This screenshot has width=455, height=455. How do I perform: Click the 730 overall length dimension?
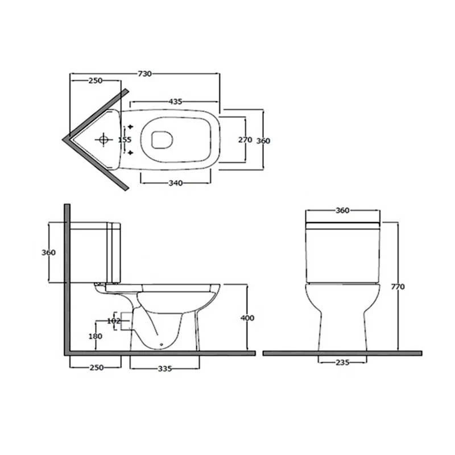coord(144,73)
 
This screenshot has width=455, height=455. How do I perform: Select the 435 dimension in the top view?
coord(175,102)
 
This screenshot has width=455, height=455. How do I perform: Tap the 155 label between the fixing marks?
coord(124,139)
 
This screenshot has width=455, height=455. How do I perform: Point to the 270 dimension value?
coord(245,140)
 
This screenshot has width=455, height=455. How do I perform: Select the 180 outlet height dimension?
coord(95,337)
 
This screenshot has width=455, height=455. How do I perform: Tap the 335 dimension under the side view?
coord(164,368)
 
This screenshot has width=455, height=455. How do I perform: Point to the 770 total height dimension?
coord(398,287)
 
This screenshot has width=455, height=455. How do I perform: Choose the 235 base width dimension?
coord(342,361)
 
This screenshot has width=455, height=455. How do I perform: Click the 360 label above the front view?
coord(342,210)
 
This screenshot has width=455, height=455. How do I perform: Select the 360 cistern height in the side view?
coord(49,253)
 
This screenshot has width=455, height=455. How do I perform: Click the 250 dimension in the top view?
coord(95,81)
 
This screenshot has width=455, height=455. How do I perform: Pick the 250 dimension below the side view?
coord(96,368)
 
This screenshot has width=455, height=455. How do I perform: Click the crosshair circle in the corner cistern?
coord(104,139)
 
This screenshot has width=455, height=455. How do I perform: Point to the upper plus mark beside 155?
coord(131,126)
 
